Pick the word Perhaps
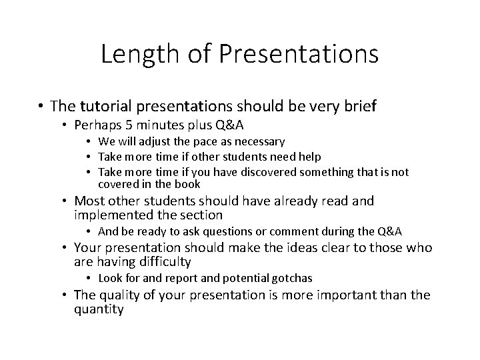tap(97, 125)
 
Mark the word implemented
tap(113, 215)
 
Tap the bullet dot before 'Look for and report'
tap(91, 278)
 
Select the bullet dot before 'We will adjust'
tap(91, 142)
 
